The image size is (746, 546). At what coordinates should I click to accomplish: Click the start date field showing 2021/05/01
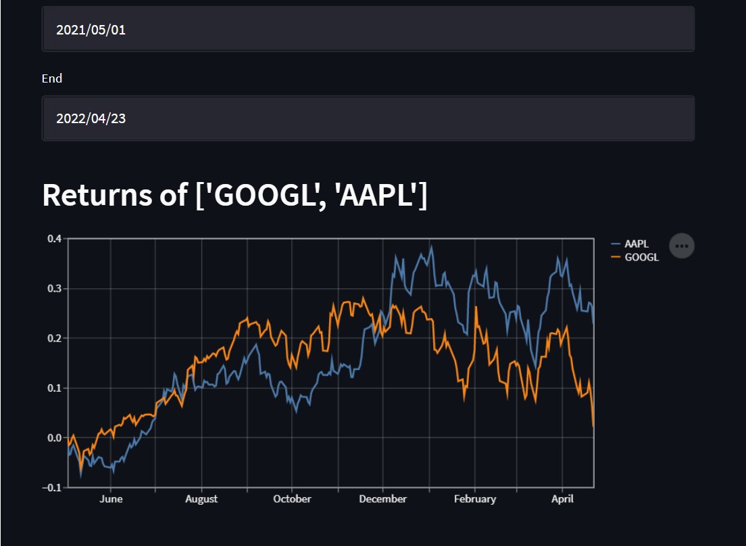tap(368, 30)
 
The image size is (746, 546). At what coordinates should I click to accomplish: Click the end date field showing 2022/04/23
tap(368, 118)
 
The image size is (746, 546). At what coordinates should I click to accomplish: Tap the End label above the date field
tap(52, 78)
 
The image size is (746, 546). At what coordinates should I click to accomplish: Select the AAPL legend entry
tap(636, 244)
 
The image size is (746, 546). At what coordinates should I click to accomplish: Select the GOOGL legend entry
tap(641, 257)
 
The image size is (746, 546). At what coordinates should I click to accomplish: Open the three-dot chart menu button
tap(682, 246)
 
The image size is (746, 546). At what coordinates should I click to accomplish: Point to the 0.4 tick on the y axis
tap(54, 239)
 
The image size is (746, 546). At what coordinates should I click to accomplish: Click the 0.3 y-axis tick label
tap(54, 288)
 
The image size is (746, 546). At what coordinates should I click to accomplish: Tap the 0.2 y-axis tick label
tap(54, 338)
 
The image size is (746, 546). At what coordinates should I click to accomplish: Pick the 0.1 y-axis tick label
tap(54, 388)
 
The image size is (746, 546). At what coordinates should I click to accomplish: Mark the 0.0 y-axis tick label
tap(54, 438)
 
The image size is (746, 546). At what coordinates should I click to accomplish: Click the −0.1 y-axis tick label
tap(52, 487)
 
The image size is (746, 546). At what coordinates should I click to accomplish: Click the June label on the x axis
tap(111, 499)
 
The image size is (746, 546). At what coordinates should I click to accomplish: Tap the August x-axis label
tap(201, 499)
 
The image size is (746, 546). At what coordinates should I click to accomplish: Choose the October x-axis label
tap(292, 499)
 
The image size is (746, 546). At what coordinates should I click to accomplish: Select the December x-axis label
tap(382, 499)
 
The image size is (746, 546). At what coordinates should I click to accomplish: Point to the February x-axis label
tap(474, 499)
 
